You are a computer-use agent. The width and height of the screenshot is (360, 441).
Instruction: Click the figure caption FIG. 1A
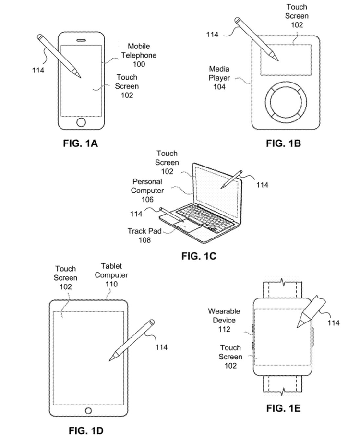(x=81, y=143)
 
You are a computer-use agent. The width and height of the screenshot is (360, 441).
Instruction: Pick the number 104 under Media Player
(x=219, y=87)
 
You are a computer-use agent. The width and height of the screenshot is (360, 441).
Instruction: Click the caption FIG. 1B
(x=284, y=143)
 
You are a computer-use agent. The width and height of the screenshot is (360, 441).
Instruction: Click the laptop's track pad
(x=180, y=228)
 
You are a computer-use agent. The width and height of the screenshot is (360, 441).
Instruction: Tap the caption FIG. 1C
(x=198, y=256)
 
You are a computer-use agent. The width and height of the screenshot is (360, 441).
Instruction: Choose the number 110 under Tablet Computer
(x=111, y=284)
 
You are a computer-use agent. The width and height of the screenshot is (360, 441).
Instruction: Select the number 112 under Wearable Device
(x=224, y=329)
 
